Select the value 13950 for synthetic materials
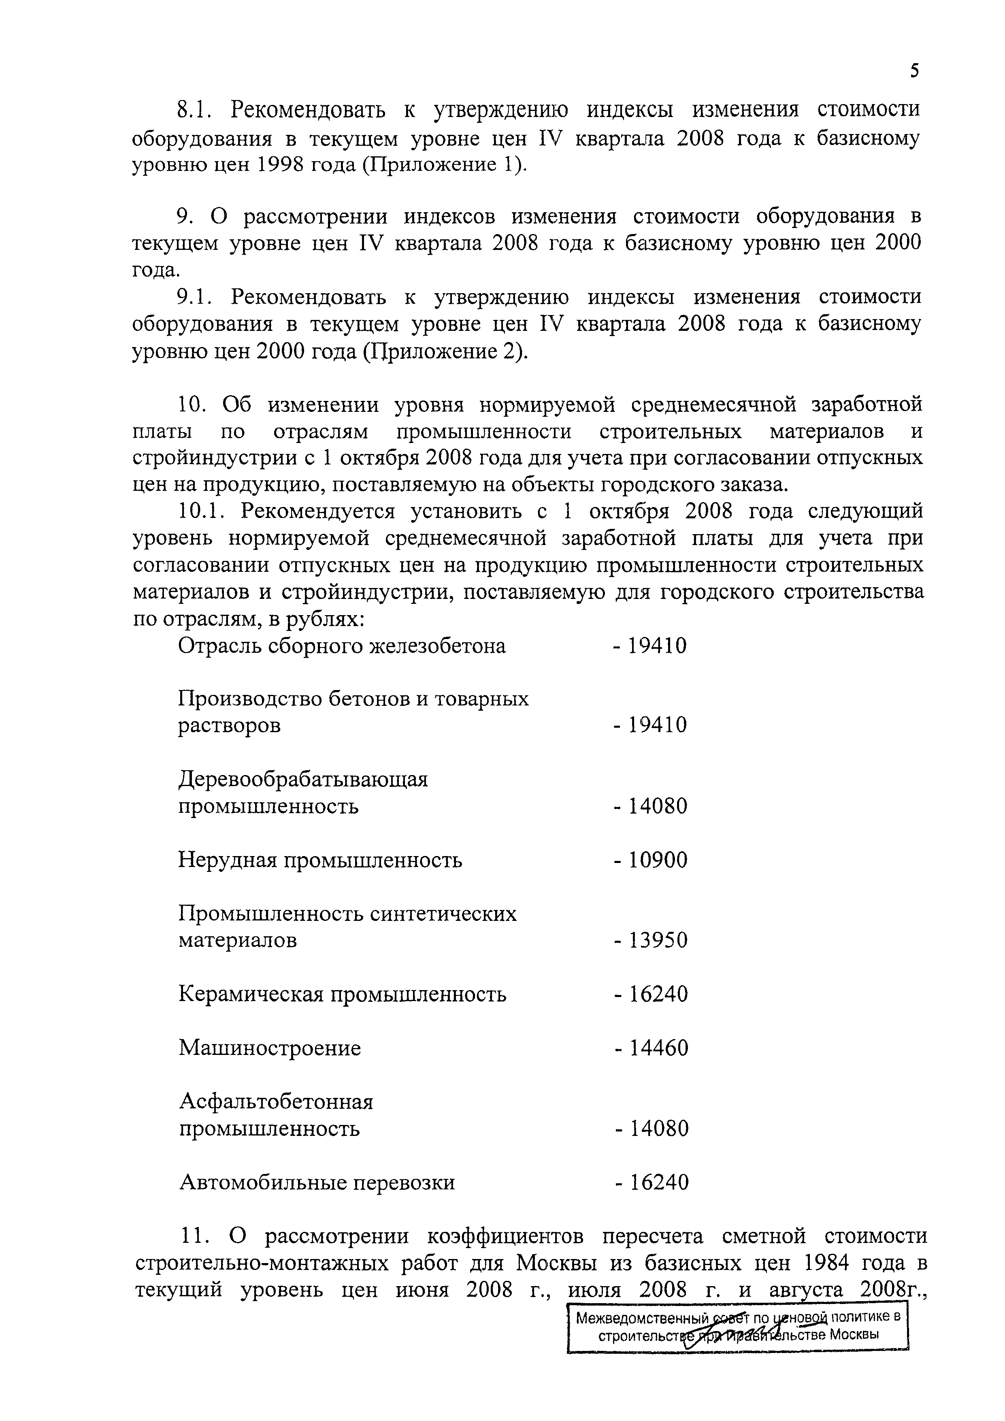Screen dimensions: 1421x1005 [x=658, y=941]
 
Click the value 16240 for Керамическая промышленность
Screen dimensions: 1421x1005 [x=658, y=995]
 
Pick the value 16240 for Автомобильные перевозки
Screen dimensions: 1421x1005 [x=659, y=1183]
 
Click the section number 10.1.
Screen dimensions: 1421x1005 [x=204, y=511]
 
